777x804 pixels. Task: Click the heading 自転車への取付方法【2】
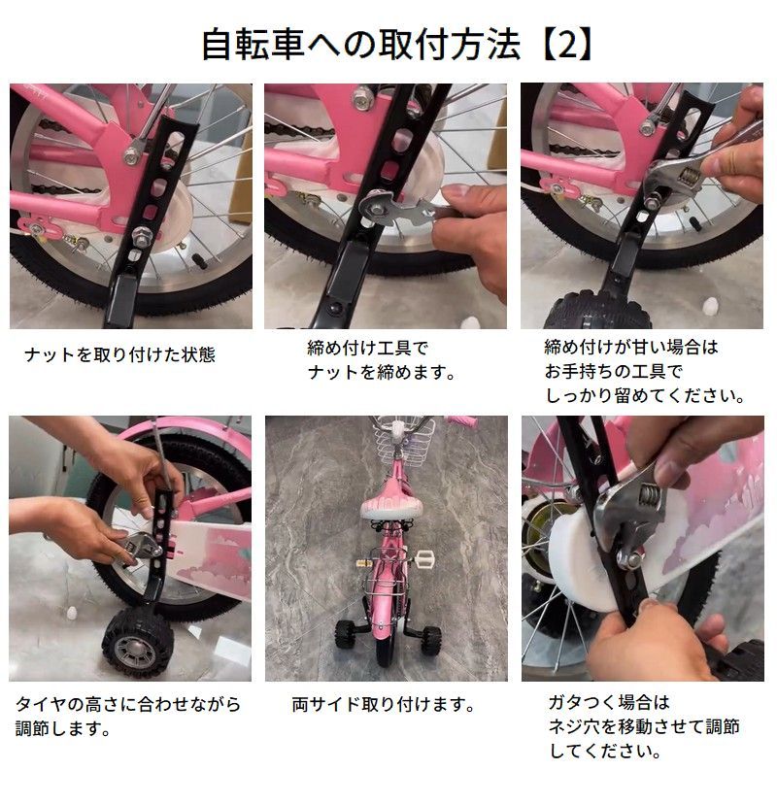397,45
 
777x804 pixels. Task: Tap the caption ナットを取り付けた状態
119,354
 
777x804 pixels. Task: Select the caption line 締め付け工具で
367,349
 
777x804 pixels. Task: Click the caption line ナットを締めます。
381,372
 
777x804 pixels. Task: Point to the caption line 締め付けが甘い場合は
631,347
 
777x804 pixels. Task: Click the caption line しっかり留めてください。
645,395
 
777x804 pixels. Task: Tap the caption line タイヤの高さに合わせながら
128,704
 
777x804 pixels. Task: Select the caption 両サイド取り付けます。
383,704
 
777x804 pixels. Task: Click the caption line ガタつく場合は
609,701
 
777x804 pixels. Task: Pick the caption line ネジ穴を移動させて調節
644,726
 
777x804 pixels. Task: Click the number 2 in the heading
566,45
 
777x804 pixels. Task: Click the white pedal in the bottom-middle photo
424,557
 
